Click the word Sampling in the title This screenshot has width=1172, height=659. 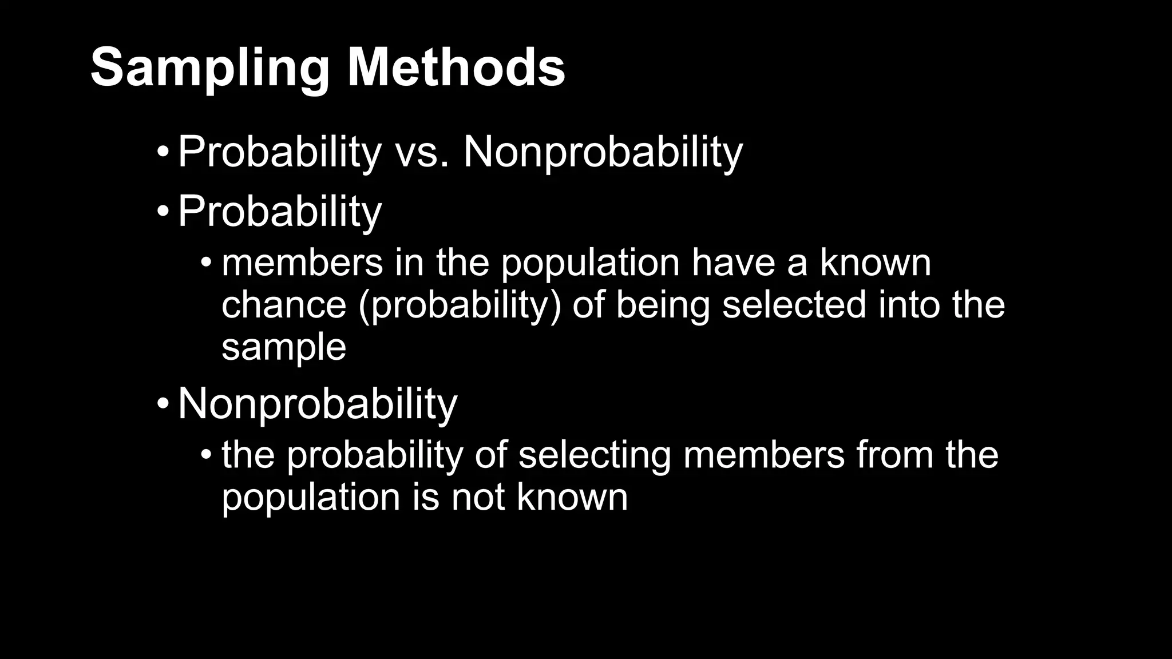pyautogui.click(x=209, y=69)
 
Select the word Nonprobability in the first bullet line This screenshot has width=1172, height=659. pyautogui.click(x=603, y=153)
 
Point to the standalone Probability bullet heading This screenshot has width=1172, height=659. pyautogui.click(x=279, y=212)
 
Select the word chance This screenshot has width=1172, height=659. pyautogui.click(x=284, y=304)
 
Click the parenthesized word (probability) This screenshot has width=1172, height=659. pyautogui.click(x=460, y=305)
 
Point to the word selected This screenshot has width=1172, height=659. pyautogui.click(x=794, y=304)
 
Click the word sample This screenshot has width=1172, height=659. pyautogui.click(x=284, y=347)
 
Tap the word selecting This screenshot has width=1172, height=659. pyautogui.click(x=594, y=455)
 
